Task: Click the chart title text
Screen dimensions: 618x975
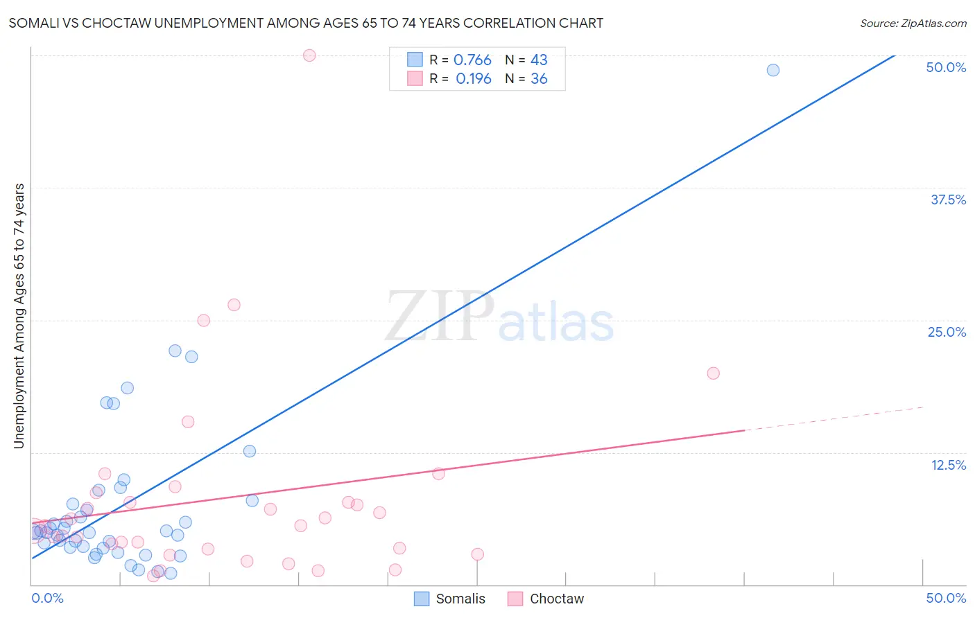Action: click(306, 23)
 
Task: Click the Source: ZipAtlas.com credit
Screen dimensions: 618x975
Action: click(913, 23)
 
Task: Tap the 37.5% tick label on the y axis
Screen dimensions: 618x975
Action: click(948, 200)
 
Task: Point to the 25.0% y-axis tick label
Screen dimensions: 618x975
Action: click(947, 332)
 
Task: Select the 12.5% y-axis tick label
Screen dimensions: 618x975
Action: click(948, 465)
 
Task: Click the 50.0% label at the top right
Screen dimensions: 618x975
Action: click(946, 67)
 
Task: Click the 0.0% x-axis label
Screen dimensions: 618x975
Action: click(48, 598)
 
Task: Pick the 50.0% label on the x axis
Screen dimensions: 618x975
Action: click(946, 598)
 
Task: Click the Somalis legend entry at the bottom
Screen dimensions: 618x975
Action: click(449, 599)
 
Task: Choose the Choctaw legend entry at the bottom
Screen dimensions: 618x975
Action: click(546, 599)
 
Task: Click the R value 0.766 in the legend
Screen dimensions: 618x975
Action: click(472, 60)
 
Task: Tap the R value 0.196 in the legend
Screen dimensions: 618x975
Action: click(473, 79)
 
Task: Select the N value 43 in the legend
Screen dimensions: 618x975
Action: click(539, 60)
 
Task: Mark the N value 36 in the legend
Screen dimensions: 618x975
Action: click(539, 79)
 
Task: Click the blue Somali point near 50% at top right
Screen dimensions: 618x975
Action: click(773, 70)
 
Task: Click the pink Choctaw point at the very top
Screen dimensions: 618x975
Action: click(309, 55)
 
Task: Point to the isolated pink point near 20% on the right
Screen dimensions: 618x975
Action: click(713, 373)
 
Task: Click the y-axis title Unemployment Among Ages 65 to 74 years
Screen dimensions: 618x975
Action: click(19, 316)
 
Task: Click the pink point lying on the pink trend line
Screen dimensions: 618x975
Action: click(438, 474)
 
